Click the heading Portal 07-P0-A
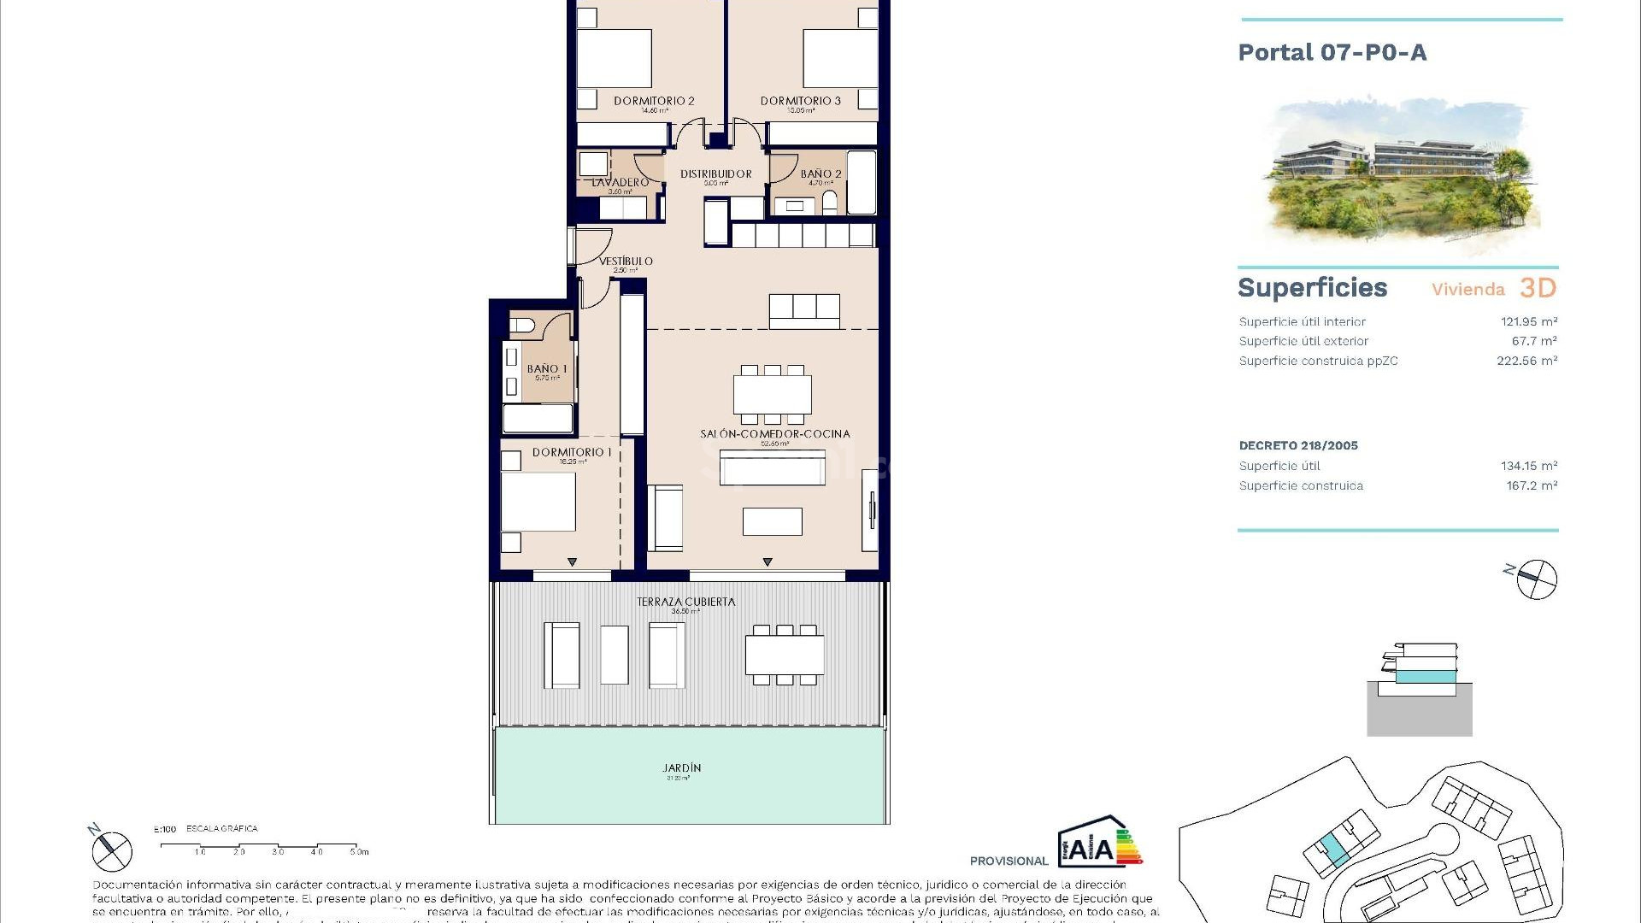coord(1332,53)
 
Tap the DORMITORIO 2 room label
coord(654,101)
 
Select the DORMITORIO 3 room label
coord(800,101)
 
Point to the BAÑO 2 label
coord(820,174)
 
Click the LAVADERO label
coord(620,183)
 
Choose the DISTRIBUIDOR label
coord(715,174)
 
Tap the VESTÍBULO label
coord(626,262)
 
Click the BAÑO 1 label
coord(547,369)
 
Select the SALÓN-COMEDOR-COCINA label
coord(774,434)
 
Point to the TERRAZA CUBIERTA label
coord(685,603)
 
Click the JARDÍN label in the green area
coord(681,768)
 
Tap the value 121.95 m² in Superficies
coord(1528,322)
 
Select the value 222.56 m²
coord(1526,362)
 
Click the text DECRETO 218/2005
coord(1297,446)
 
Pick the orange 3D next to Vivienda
coord(1538,289)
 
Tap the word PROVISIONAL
coord(1009,861)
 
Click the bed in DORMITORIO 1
coord(538,502)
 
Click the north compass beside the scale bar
coord(111,850)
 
